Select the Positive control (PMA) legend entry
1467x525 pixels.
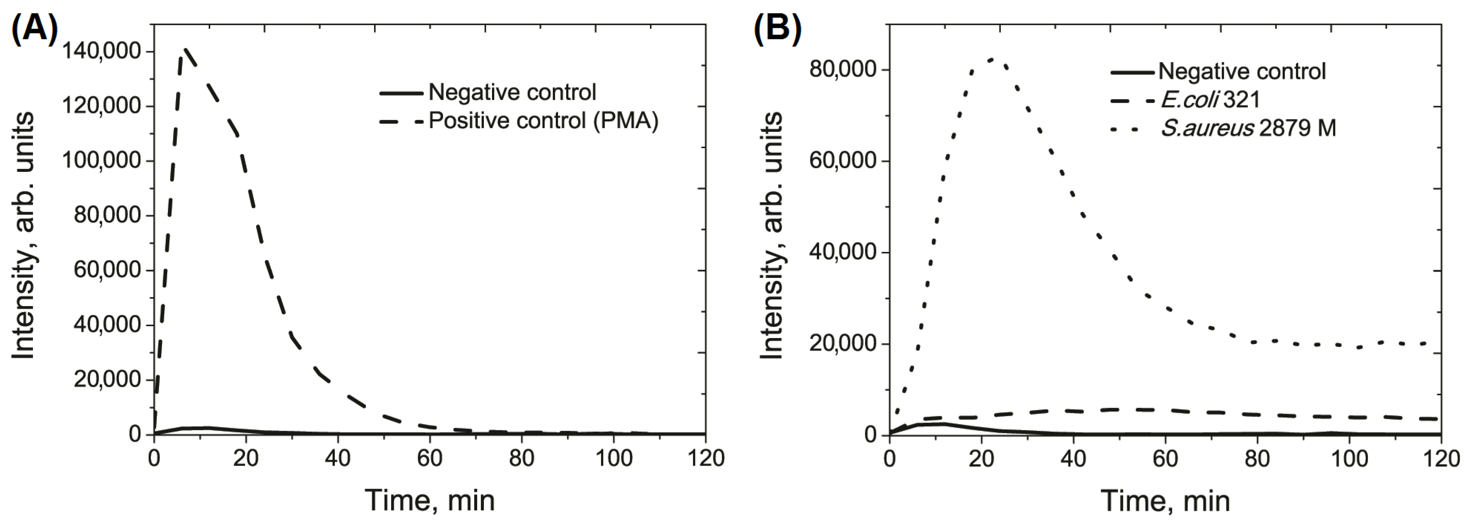click(x=543, y=121)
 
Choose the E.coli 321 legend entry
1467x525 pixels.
click(x=1210, y=100)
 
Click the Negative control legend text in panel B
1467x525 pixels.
click(x=1242, y=71)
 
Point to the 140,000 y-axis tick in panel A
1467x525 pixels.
click(x=101, y=51)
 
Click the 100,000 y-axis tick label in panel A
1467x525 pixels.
click(x=101, y=160)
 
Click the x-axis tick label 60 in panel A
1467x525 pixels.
click(x=429, y=458)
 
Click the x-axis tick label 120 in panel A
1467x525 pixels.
click(x=705, y=458)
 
